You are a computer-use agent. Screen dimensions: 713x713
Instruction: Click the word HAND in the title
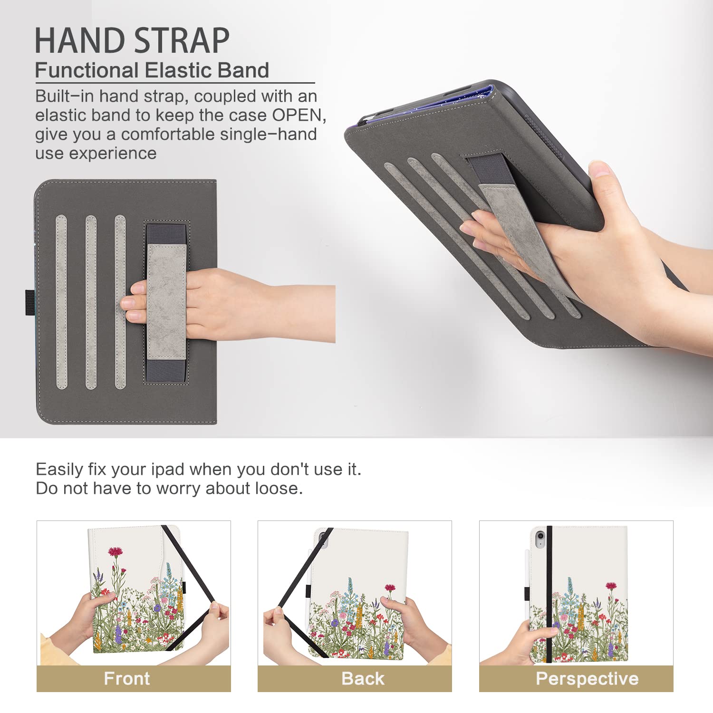(x=79, y=41)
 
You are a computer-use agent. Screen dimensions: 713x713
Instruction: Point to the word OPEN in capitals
(x=296, y=115)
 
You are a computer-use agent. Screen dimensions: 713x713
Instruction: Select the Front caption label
(x=127, y=678)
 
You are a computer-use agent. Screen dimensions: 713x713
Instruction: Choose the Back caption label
(x=363, y=678)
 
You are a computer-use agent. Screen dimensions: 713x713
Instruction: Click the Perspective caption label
(x=587, y=678)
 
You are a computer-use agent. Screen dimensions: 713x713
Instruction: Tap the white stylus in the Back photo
(x=309, y=580)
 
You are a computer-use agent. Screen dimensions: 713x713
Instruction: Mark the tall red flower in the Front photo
(x=115, y=552)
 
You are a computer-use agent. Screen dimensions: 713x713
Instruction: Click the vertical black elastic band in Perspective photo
(x=549, y=594)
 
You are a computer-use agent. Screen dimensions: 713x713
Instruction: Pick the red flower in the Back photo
(x=390, y=588)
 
